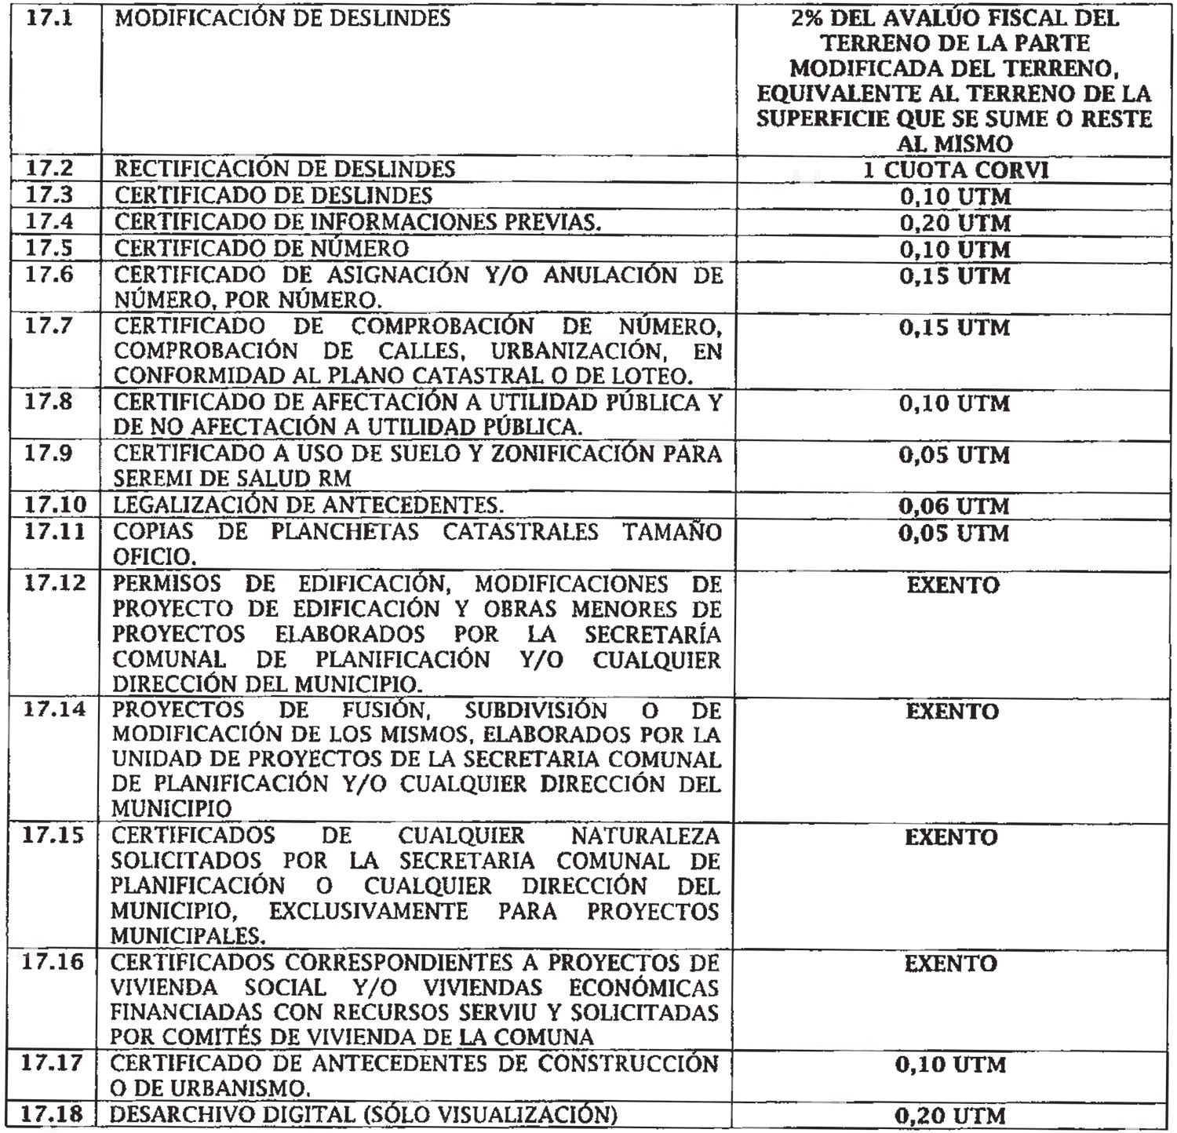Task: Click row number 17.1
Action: click(49, 18)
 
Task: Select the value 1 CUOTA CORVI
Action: click(954, 170)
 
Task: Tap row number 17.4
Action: click(49, 222)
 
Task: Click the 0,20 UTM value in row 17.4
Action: click(954, 224)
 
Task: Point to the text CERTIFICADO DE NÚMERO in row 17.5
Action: click(261, 249)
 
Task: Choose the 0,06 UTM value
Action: click(954, 506)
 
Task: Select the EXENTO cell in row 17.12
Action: click(953, 585)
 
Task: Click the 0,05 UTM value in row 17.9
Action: click(954, 456)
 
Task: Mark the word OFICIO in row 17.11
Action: click(151, 558)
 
